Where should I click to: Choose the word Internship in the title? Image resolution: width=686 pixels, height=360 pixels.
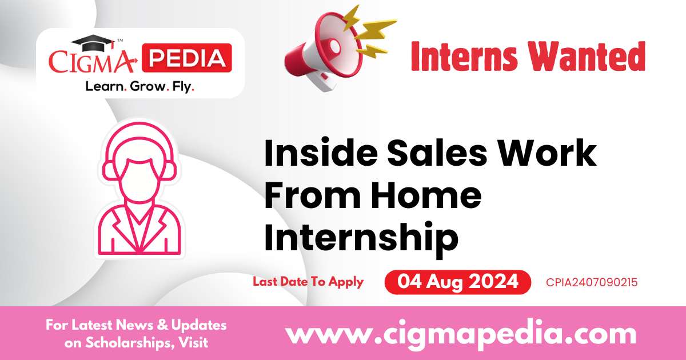361,238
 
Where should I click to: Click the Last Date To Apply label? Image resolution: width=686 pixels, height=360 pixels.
308,282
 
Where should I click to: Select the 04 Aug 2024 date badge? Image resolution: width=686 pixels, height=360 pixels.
457,282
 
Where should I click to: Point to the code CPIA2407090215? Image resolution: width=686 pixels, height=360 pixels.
592,282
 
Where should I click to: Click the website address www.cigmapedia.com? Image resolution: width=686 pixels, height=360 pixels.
460,334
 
